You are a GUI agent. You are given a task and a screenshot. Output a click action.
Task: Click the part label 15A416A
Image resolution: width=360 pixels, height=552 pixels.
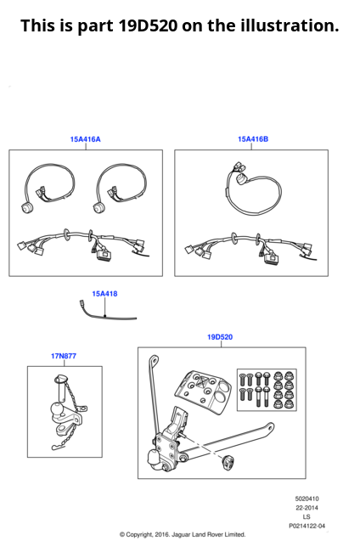coord(85,139)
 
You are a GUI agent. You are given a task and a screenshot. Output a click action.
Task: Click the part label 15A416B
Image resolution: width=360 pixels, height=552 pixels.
coord(253,139)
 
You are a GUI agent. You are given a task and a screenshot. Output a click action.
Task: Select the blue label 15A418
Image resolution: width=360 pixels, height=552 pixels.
coord(104,294)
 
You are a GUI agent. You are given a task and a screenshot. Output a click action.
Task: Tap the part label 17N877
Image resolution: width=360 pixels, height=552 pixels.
coord(64,356)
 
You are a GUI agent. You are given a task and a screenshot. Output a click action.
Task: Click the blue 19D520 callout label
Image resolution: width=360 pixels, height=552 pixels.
coord(220,337)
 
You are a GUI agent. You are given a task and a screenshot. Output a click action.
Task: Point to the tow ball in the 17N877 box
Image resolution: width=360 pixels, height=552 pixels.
coord(56,409)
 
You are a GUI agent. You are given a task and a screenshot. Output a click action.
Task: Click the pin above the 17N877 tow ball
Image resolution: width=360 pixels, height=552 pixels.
coord(61,388)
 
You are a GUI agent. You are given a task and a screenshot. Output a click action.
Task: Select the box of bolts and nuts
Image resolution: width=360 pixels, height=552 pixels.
coord(267,390)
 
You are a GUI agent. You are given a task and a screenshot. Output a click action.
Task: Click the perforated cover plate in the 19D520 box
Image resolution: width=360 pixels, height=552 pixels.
coord(203,390)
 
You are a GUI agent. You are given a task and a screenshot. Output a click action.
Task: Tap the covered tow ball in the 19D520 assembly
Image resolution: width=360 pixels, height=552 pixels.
coord(155,459)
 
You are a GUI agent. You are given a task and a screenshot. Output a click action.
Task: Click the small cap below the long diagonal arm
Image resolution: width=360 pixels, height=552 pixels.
coord(228,461)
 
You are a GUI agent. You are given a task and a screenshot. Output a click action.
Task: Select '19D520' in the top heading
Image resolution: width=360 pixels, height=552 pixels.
coord(148,25)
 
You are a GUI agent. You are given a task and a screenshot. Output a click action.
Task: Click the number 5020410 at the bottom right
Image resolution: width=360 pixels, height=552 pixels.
coord(307,498)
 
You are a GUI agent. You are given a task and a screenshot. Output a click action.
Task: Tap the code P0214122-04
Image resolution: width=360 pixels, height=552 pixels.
coord(307,526)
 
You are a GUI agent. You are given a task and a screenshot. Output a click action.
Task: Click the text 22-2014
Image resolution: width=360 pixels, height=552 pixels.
coord(307,508)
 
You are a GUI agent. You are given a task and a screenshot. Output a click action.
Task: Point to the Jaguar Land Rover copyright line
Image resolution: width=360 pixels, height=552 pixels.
coord(183,534)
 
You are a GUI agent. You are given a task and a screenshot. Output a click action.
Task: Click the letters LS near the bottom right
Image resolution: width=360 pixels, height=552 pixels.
coord(307,517)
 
